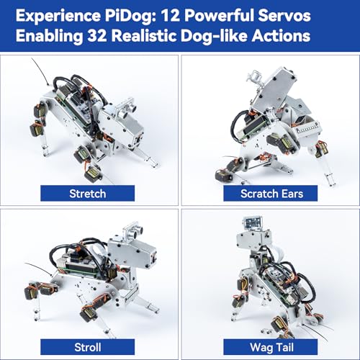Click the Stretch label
point(88,193)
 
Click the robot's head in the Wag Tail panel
point(252,234)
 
